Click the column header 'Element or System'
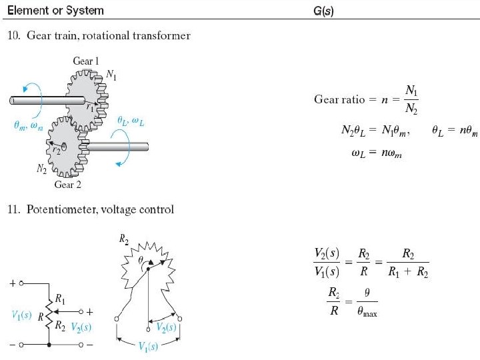pos(56,11)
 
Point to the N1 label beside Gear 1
pos(113,76)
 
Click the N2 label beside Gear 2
pos(42,169)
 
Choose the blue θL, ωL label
pos(131,120)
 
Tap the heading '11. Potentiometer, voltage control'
pos(91,210)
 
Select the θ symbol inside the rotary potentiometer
pos(141,262)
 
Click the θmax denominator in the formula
pos(367,313)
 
